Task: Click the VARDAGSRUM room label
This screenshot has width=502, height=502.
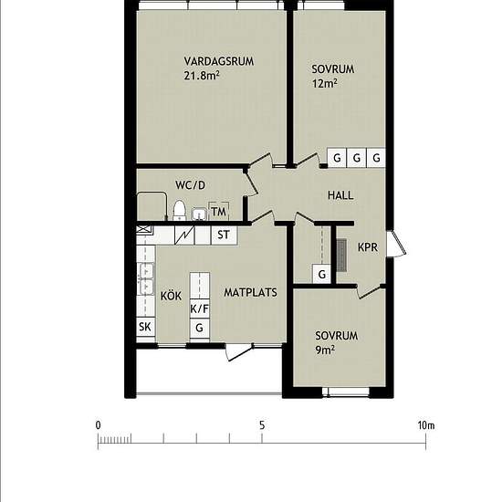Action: (x=219, y=61)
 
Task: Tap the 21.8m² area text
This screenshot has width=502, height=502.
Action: (x=202, y=75)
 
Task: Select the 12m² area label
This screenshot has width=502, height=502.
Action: (x=325, y=83)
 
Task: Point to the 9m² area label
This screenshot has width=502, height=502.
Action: (x=325, y=350)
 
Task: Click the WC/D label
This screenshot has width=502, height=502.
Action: (x=190, y=185)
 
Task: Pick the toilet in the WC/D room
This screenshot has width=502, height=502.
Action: (x=179, y=210)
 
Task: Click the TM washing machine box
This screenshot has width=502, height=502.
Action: (x=219, y=212)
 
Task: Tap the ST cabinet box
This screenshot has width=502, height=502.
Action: (x=225, y=235)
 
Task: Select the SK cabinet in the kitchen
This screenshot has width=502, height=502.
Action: (x=145, y=327)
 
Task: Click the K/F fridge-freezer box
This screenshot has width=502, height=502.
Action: (x=200, y=309)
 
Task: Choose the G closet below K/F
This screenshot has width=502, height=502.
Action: (x=200, y=328)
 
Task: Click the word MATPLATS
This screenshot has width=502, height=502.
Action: (x=250, y=292)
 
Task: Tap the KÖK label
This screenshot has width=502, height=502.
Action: (x=171, y=295)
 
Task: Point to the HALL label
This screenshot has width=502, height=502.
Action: (x=340, y=195)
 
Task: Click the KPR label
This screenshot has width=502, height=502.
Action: (x=368, y=247)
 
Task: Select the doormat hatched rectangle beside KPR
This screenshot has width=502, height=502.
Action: (x=341, y=255)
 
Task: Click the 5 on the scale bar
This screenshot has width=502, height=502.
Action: (x=262, y=425)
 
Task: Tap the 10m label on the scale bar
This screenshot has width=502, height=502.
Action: (x=426, y=425)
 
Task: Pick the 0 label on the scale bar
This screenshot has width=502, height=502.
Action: (x=98, y=425)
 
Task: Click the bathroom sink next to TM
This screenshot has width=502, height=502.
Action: (x=200, y=214)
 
